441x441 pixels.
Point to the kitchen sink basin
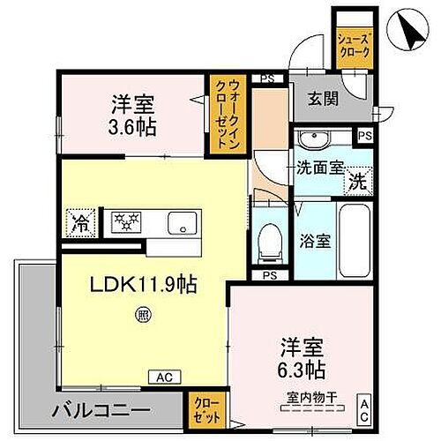pos(182,222)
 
